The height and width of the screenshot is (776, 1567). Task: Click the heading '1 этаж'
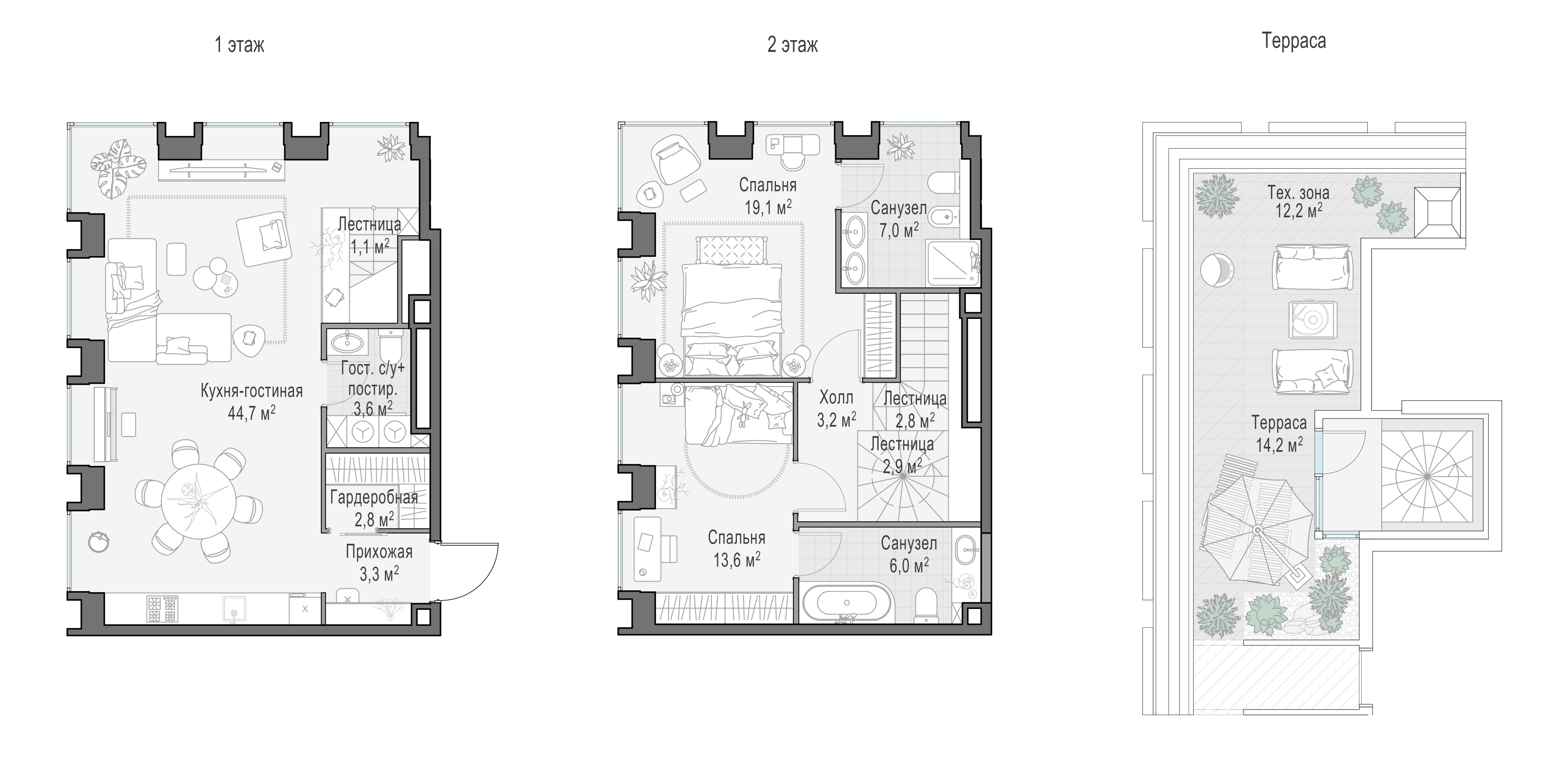tap(240, 45)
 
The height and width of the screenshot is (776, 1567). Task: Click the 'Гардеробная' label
tap(374, 497)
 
